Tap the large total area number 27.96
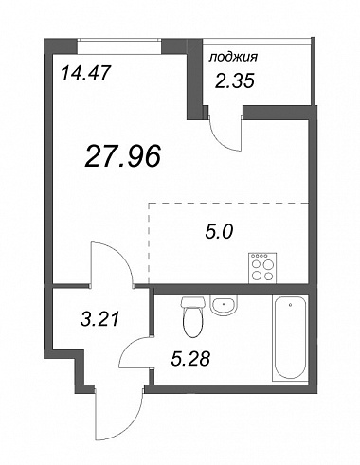click(122, 155)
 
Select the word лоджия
click(233, 57)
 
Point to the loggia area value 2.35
click(234, 81)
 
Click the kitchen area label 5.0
click(219, 232)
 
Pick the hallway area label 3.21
click(99, 319)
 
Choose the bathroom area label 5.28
click(190, 359)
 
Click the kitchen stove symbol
click(262, 268)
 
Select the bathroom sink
click(224, 305)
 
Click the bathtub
click(290, 337)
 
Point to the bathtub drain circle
click(290, 305)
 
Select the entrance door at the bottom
click(118, 414)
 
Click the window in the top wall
click(119, 46)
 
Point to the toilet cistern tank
click(192, 302)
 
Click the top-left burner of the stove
click(257, 264)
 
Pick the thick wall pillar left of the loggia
click(195, 79)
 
